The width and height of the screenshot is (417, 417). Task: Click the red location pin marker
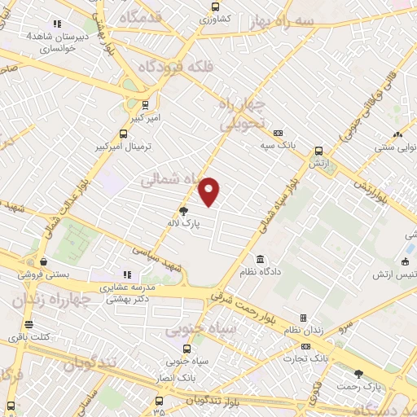[x=209, y=190]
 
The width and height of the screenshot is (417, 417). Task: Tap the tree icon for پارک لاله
[x=183, y=210]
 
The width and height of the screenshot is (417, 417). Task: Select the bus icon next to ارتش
[x=319, y=151]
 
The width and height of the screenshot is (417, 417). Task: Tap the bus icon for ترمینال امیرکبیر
[x=124, y=134]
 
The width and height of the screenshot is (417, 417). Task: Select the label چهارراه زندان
[x=50, y=301]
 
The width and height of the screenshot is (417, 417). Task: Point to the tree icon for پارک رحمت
[x=358, y=373]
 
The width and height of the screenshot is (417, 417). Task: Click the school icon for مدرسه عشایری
[x=126, y=275]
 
